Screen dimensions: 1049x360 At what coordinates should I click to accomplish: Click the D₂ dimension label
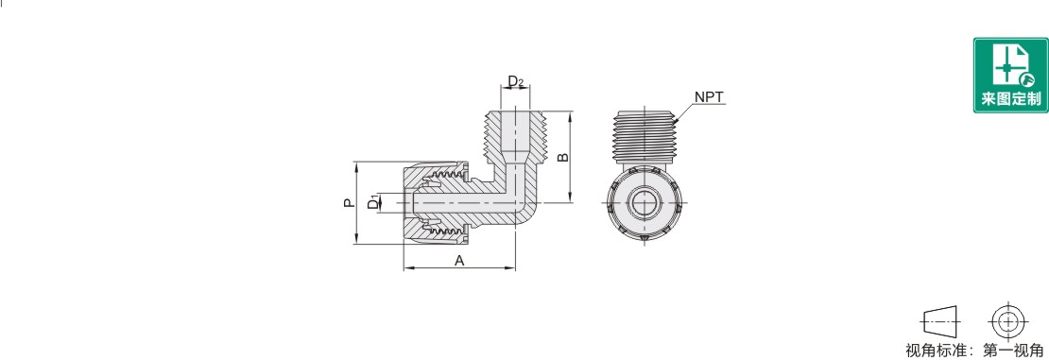click(515, 81)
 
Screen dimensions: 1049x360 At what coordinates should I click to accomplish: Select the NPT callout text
click(709, 97)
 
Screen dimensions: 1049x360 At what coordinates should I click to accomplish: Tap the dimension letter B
click(563, 158)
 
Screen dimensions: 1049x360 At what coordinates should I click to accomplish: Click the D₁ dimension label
click(373, 202)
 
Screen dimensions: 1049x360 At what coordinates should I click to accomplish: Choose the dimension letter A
click(459, 261)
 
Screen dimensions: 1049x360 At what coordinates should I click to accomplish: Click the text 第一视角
click(1013, 350)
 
